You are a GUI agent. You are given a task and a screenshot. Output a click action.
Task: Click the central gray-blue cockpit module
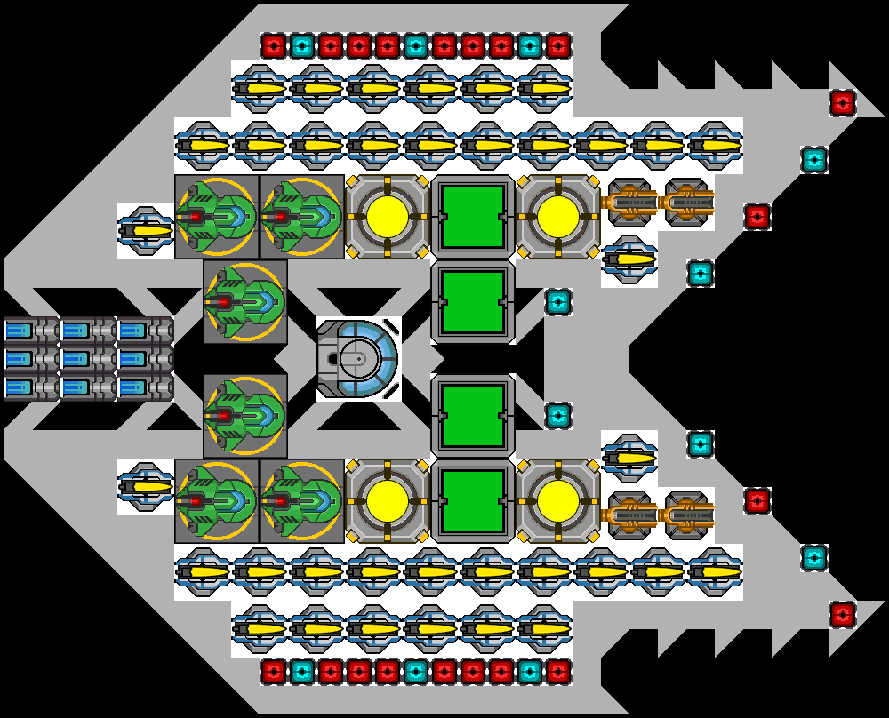tap(358, 358)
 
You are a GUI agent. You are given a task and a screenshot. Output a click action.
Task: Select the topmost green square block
tap(473, 216)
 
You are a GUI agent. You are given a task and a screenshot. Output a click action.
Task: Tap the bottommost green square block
tap(473, 500)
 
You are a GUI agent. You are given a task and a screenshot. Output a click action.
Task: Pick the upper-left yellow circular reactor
tap(388, 216)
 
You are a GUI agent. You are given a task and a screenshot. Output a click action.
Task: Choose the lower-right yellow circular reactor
tap(558, 500)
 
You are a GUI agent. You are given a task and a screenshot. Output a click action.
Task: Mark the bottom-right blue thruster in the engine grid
tap(146, 387)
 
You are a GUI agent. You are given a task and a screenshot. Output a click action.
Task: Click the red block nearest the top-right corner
tap(843, 103)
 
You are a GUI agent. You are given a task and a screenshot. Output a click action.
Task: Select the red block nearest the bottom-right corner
tap(843, 614)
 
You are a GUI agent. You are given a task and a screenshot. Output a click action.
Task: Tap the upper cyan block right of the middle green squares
tap(558, 302)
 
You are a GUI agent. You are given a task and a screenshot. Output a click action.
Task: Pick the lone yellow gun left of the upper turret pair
tap(146, 231)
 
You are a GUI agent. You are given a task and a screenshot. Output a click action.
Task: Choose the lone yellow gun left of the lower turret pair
tap(146, 486)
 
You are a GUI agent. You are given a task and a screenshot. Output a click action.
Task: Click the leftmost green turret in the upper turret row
tap(216, 216)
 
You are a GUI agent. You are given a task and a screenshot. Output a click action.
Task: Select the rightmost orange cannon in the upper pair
tap(686, 203)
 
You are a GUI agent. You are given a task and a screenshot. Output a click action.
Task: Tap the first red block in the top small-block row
tap(274, 45)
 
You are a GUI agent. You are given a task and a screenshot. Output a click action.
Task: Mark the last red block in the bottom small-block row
tap(558, 671)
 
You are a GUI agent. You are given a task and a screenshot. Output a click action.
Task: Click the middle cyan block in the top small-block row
tap(416, 45)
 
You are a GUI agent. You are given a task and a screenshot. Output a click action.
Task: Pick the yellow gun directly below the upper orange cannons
tap(629, 259)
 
